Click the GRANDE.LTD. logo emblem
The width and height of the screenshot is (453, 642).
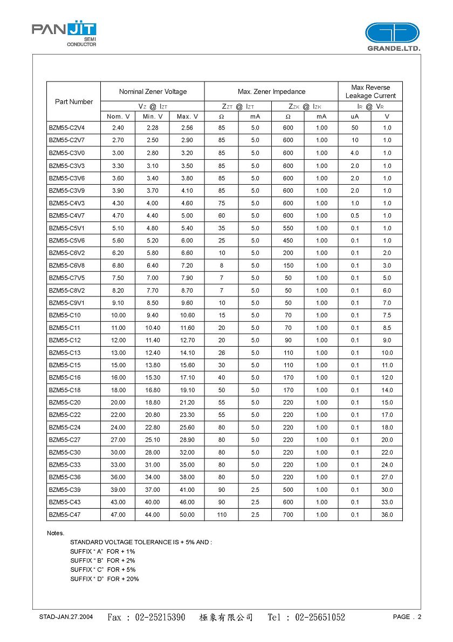click(x=392, y=33)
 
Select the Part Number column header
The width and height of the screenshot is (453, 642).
click(x=74, y=102)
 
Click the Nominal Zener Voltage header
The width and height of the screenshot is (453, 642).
click(x=153, y=92)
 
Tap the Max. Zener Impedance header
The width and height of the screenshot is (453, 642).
click(x=271, y=92)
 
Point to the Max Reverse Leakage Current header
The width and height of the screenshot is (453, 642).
click(x=370, y=91)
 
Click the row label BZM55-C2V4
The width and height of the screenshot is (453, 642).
click(x=67, y=128)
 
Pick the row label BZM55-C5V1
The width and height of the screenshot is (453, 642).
click(x=67, y=228)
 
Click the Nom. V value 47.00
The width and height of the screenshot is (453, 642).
click(x=118, y=515)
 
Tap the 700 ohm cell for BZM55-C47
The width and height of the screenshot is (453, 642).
click(x=288, y=515)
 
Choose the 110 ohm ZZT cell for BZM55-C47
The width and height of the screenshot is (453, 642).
click(x=222, y=515)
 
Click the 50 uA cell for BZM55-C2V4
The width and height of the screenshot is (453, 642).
click(x=354, y=128)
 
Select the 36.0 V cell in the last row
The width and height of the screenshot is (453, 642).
click(x=387, y=515)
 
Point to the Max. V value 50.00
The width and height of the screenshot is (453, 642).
click(x=187, y=515)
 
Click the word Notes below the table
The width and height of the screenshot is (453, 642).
click(x=56, y=533)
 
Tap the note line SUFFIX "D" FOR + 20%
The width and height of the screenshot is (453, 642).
click(x=105, y=579)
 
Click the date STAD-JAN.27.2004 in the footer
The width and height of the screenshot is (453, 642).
click(x=66, y=617)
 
